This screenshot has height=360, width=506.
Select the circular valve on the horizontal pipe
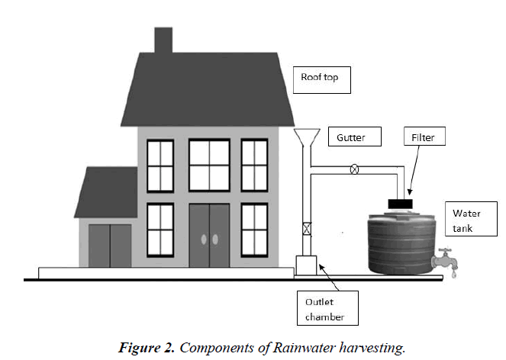click(x=354, y=169)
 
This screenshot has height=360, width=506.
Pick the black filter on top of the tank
click(x=401, y=204)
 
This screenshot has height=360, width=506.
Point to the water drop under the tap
click(x=456, y=277)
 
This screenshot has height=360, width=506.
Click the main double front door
click(x=209, y=235)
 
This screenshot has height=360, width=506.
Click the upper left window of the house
click(x=161, y=164)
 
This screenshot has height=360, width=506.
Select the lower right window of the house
click(x=255, y=229)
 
